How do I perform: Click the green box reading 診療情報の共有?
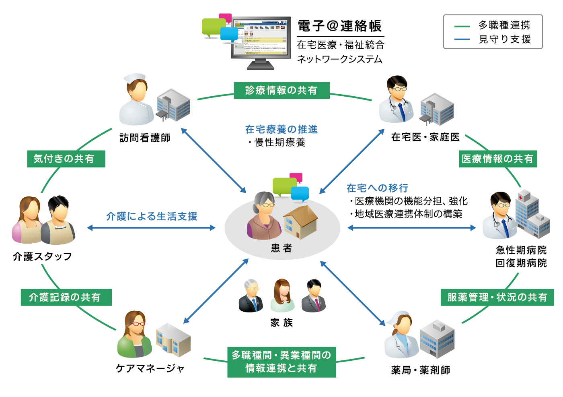pyautogui.click(x=281, y=91)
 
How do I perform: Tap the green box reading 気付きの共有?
pyautogui.click(x=66, y=159)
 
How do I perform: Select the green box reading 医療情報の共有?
pyautogui.click(x=498, y=159)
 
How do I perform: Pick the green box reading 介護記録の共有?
pyautogui.click(x=66, y=297)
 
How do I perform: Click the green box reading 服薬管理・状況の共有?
pyautogui.click(x=497, y=297)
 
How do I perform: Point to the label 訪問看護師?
pyautogui.click(x=145, y=138)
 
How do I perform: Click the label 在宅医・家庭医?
pyautogui.click(x=425, y=137)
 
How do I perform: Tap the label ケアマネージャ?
pyautogui.click(x=150, y=368)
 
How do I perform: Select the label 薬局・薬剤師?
pyautogui.click(x=420, y=370)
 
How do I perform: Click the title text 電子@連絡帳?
pyautogui.click(x=340, y=26)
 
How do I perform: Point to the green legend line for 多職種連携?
pyautogui.click(x=462, y=26)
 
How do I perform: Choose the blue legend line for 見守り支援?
pyautogui.click(x=462, y=39)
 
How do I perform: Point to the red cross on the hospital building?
pyautogui.click(x=522, y=197)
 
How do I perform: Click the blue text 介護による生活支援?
pyautogui.click(x=152, y=217)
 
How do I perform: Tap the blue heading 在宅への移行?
pyautogui.click(x=377, y=188)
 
